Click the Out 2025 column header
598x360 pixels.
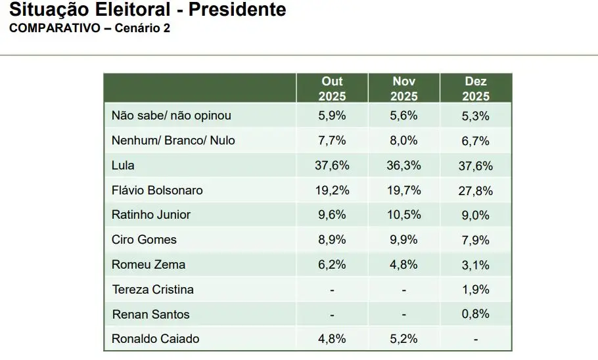pos(332,89)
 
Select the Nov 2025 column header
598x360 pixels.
pos(404,89)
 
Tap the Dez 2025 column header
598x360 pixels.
pos(476,89)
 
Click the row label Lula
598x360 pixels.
pos(123,166)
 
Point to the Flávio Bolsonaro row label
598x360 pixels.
pos(157,191)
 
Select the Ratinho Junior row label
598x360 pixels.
pos(151,215)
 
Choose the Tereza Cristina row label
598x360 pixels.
pos(152,290)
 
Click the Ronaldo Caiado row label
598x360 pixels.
pos(155,339)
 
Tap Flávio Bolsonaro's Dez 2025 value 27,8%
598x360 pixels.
pos(476,191)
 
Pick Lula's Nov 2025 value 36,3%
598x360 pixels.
pos(404,166)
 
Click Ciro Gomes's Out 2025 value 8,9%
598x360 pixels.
pos(332,240)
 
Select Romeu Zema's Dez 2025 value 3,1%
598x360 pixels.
pos(476,265)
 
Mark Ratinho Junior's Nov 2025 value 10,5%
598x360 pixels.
pos(404,215)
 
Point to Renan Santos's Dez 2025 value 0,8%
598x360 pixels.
pos(476,314)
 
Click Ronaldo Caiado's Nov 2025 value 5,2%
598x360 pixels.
pos(404,339)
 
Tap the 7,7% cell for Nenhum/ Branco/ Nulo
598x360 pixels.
pos(332,141)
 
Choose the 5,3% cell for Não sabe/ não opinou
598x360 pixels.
pos(476,116)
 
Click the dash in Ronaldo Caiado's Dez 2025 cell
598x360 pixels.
pos(476,340)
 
